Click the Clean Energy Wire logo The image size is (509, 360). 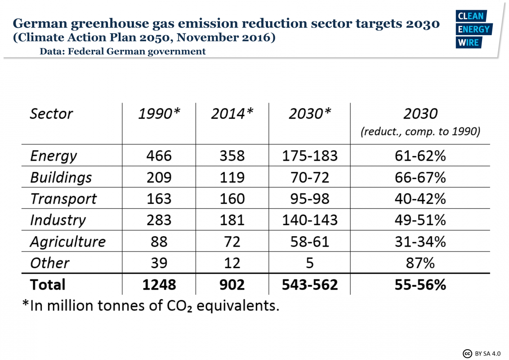[x=474, y=29]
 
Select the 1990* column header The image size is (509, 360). [x=159, y=113]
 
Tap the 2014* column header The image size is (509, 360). [x=232, y=113]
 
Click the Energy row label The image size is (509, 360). [x=54, y=156]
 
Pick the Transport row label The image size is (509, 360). [x=63, y=198]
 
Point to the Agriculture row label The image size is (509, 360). [x=67, y=242]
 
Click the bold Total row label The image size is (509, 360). [x=47, y=284]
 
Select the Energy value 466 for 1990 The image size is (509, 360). [x=159, y=156]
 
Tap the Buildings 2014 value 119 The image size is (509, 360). [x=232, y=177]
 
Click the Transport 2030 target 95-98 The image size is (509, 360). [x=309, y=198]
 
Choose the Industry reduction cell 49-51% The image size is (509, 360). [x=420, y=220]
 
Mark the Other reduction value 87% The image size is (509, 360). [x=420, y=263]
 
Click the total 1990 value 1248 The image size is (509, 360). [x=159, y=284]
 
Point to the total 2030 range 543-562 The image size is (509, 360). [x=309, y=284]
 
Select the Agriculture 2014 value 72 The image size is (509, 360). [x=232, y=242]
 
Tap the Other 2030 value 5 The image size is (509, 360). [x=309, y=263]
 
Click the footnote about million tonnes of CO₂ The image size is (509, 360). [x=151, y=306]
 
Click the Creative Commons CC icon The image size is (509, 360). [x=467, y=353]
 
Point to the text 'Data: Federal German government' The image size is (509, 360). [x=122, y=51]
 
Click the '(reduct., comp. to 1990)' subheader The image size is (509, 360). [x=420, y=132]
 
